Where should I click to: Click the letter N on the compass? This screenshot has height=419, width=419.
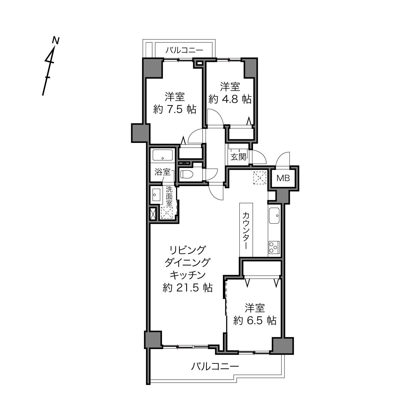click(x=56, y=40)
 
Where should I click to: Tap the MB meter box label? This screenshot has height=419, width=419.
click(x=283, y=178)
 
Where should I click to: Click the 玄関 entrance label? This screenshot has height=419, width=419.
click(x=238, y=157)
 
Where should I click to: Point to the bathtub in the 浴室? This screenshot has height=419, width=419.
click(x=163, y=155)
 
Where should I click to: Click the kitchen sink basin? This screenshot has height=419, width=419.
click(x=274, y=216)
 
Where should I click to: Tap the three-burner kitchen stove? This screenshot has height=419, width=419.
click(x=274, y=247)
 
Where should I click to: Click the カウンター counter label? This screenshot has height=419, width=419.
click(x=246, y=231)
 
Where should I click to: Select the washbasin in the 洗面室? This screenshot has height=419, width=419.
click(x=156, y=194)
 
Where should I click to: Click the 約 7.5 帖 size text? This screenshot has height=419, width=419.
click(x=175, y=109)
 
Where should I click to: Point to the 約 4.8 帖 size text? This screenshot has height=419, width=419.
click(x=230, y=99)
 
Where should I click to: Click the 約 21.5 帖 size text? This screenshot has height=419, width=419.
click(x=187, y=288)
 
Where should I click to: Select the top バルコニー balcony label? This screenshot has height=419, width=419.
click(x=184, y=51)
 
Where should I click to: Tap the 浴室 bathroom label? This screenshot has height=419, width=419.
click(x=162, y=172)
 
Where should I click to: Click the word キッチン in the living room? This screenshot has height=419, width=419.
click(x=187, y=275)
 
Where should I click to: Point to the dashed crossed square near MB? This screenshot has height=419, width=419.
click(x=260, y=178)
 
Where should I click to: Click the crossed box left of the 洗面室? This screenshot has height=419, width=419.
click(x=153, y=214)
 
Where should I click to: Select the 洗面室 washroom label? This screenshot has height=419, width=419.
click(x=169, y=196)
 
